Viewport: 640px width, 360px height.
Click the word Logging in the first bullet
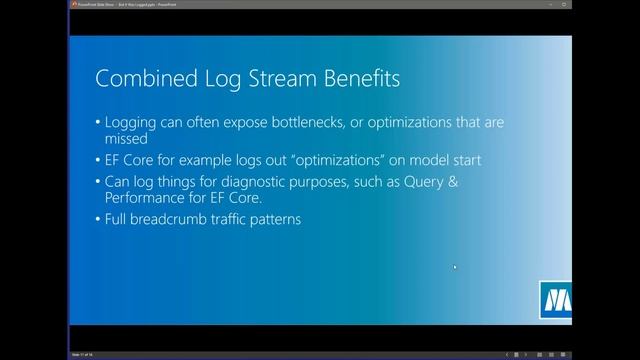[x=139, y=122]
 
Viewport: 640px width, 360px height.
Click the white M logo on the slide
[x=556, y=299]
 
